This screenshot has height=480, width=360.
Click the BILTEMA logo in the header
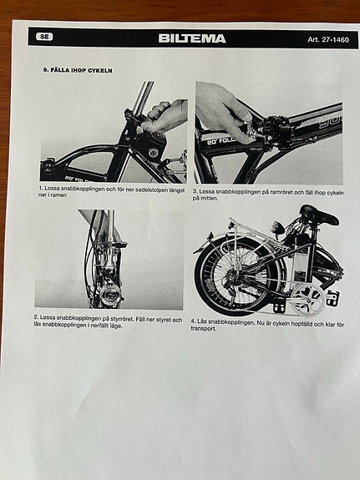coord(191,38)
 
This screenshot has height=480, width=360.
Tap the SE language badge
coord(45,38)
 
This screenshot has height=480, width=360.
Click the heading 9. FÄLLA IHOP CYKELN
coord(78,70)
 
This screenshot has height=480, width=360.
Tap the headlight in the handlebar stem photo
coord(109,294)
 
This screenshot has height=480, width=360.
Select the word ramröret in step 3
coord(270,192)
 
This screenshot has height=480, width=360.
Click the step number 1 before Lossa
coord(40,189)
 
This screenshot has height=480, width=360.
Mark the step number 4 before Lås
coord(193,321)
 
